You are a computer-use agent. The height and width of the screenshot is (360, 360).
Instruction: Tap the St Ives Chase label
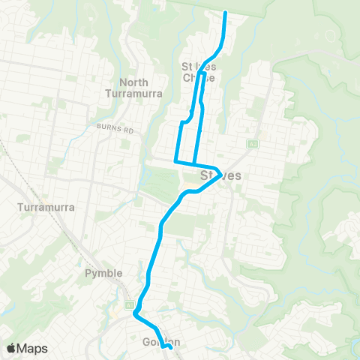(x=199, y=72)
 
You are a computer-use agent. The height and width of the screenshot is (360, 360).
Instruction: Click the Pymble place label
(x=100, y=274)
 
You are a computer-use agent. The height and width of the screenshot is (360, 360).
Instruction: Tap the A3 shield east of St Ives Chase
(x=252, y=143)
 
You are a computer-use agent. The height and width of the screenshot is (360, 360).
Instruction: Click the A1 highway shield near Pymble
(x=129, y=305)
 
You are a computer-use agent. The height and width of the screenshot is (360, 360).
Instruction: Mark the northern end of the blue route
(x=226, y=12)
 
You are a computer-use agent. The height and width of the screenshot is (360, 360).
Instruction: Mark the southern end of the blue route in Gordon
(x=172, y=347)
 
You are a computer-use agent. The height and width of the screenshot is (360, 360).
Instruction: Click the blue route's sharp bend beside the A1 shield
(x=135, y=315)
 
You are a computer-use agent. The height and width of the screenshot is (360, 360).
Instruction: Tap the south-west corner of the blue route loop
(x=175, y=160)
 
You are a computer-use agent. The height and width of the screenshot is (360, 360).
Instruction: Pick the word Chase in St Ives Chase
(x=199, y=77)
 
